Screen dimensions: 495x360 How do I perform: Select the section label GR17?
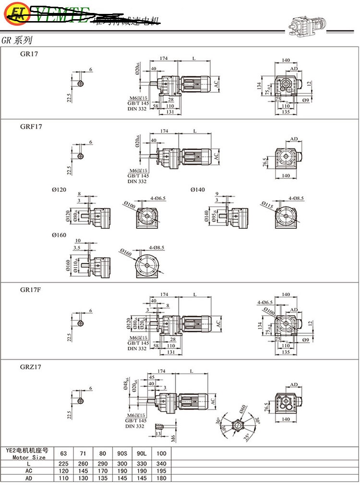tap(28, 54)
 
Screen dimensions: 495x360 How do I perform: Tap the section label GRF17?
tap(31, 127)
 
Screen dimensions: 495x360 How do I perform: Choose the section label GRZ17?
tap(31, 367)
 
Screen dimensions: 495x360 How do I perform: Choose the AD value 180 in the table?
tap(161, 479)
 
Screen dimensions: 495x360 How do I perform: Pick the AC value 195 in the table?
tap(161, 471)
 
